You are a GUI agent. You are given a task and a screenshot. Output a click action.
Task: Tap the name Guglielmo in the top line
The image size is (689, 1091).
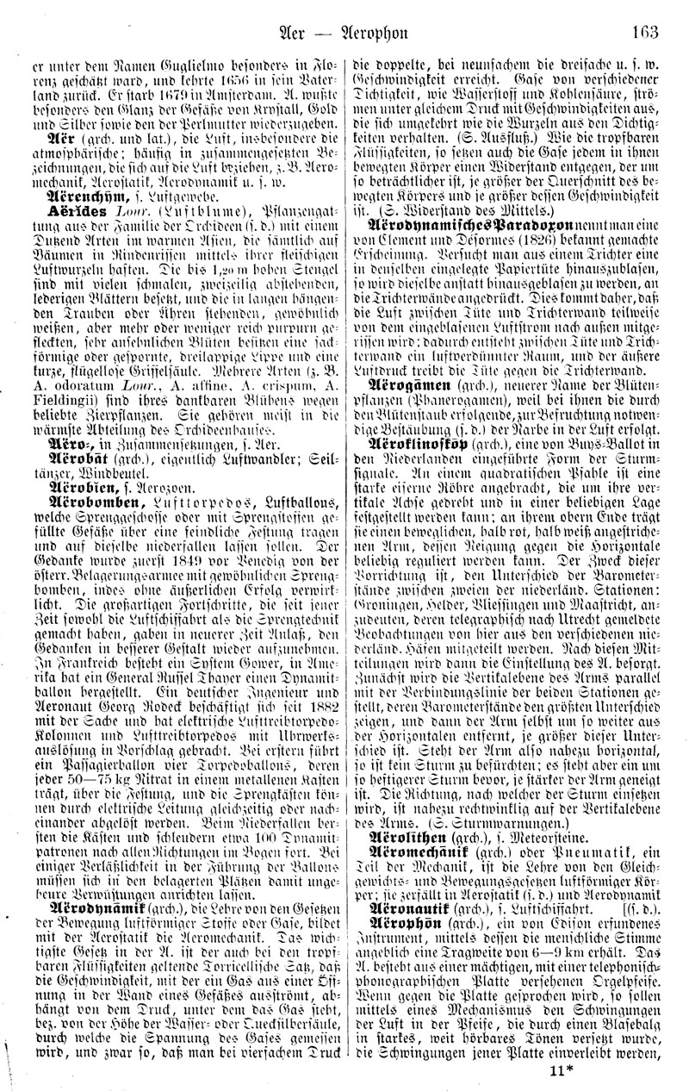[x=183, y=63]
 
